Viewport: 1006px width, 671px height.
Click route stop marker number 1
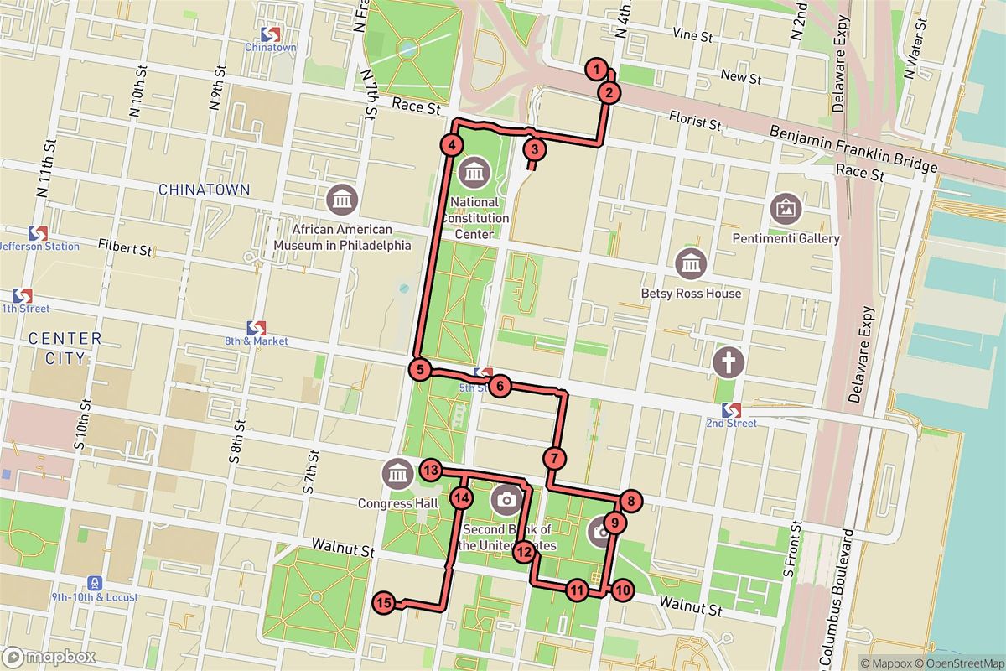[x=596, y=69]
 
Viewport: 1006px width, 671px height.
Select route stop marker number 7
[x=554, y=459]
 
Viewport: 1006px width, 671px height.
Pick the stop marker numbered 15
[x=384, y=602]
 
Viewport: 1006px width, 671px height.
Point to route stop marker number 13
[x=431, y=471]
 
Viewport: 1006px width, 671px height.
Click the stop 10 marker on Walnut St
[x=621, y=590]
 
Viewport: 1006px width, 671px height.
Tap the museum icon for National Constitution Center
[x=474, y=174]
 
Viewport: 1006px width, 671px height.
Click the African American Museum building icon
[x=343, y=200]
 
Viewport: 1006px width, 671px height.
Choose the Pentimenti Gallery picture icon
[x=786, y=206]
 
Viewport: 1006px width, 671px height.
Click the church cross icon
[x=729, y=362]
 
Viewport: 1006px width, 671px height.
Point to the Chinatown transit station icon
[x=270, y=34]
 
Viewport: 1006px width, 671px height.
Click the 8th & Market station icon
[x=257, y=327]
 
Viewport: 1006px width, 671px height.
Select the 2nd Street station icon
[x=732, y=409]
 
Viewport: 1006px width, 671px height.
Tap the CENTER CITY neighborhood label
[x=65, y=348]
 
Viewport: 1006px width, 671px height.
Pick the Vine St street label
[x=692, y=37]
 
